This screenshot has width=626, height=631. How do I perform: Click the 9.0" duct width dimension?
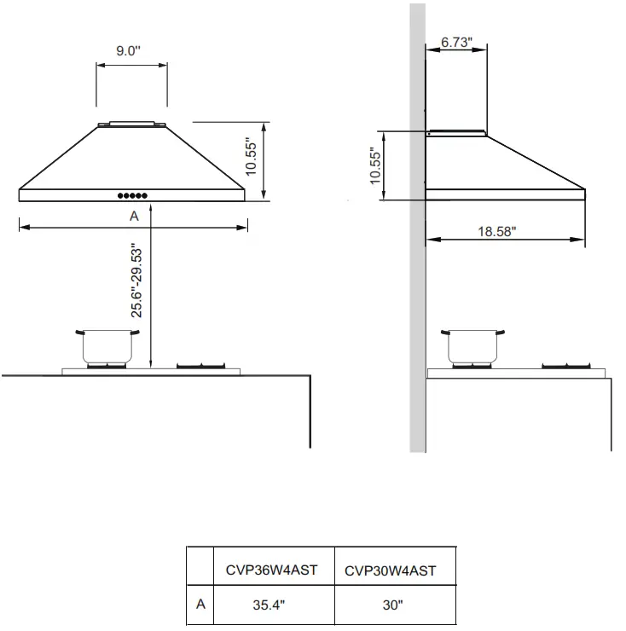pyautogui.click(x=129, y=51)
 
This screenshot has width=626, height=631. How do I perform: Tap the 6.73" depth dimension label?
pyautogui.click(x=457, y=43)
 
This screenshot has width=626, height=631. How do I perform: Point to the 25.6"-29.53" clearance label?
pyautogui.click(x=135, y=280)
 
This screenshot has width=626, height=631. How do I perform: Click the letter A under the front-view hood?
pyautogui.click(x=134, y=217)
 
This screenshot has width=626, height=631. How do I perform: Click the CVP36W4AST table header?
pyautogui.click(x=272, y=570)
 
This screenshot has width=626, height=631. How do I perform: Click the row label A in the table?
pyautogui.click(x=200, y=605)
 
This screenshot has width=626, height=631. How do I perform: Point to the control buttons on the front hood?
pyautogui.click(x=132, y=195)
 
